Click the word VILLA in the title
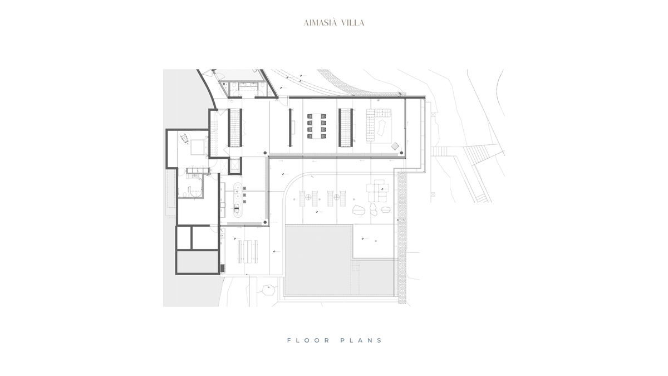pyautogui.click(x=353, y=23)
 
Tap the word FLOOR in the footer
pyautogui.click(x=308, y=340)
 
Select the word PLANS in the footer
pyautogui.click(x=361, y=340)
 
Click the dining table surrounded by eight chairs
pyautogui.click(x=317, y=126)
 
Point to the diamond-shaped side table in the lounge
pyautogui.click(x=395, y=145)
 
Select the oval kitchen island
pyautogui.click(x=237, y=199)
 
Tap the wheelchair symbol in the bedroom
pyautogui.click(x=185, y=139)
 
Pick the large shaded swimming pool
pyautogui.click(x=318, y=261)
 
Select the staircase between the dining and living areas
pyautogui.click(x=346, y=128)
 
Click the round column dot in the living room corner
pyautogui.click(x=401, y=153)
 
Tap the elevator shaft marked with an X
pyautogui.click(x=235, y=165)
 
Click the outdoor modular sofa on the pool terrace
pyautogui.click(x=377, y=191)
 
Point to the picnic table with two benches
pyautogui.click(x=248, y=252)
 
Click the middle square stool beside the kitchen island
pyautogui.click(x=244, y=195)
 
